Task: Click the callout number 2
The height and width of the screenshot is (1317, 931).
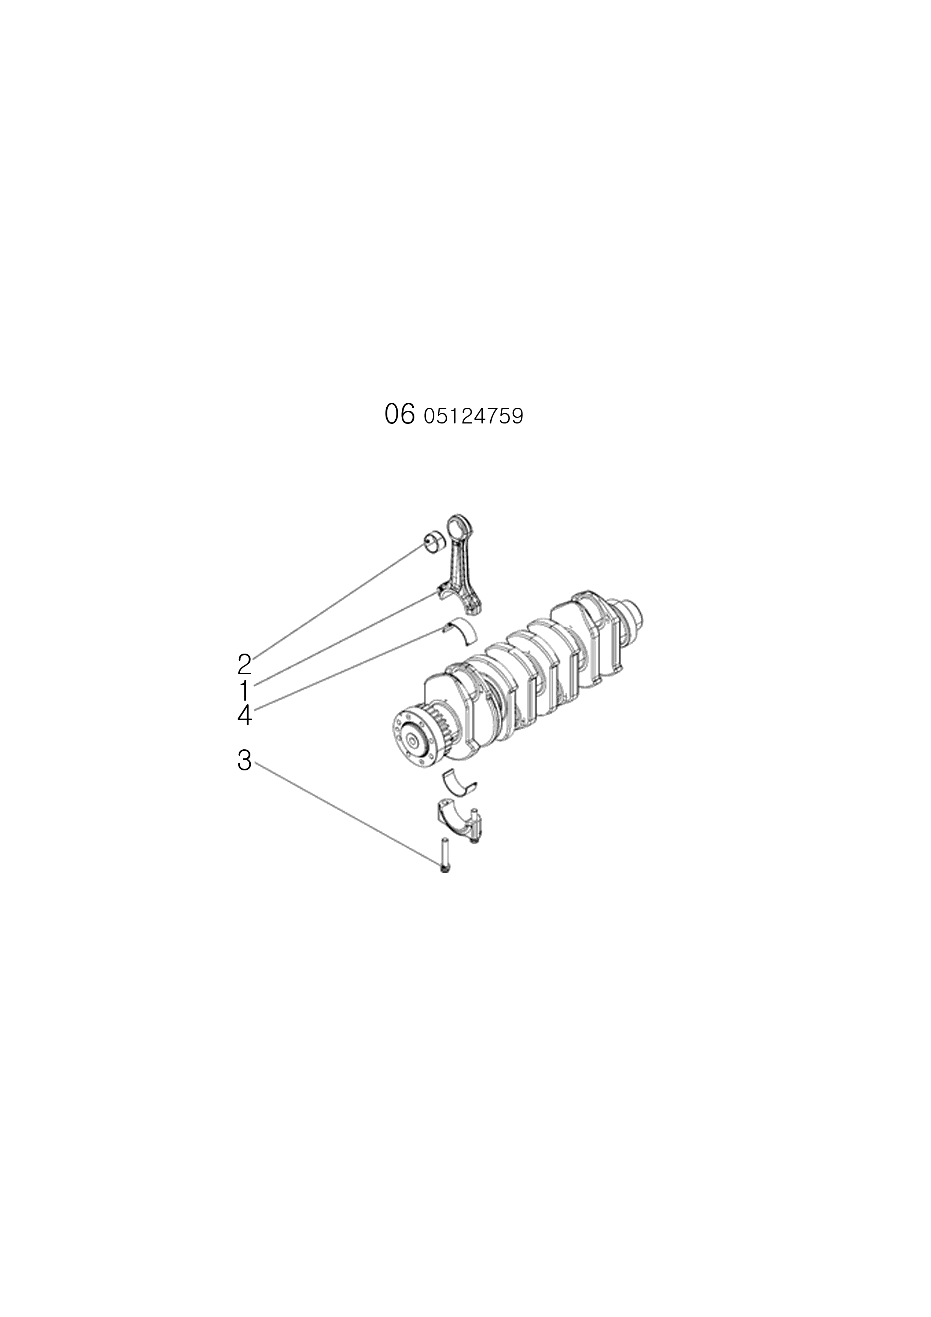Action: click(244, 664)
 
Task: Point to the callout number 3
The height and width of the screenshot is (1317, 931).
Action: click(244, 761)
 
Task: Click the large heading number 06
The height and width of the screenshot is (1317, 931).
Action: click(399, 414)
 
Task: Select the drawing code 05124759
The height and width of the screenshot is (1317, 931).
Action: click(473, 416)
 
